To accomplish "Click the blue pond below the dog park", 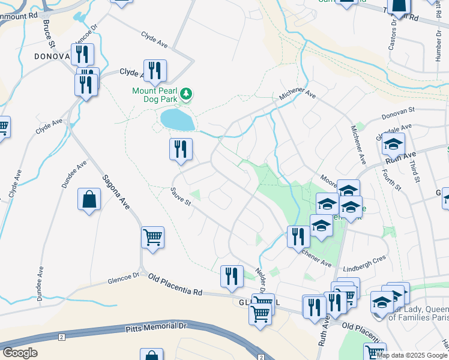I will click(x=177, y=119).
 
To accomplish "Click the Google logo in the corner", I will click(x=20, y=353).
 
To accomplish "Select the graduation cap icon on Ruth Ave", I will click(x=393, y=145).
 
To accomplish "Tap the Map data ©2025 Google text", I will click(x=412, y=355).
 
